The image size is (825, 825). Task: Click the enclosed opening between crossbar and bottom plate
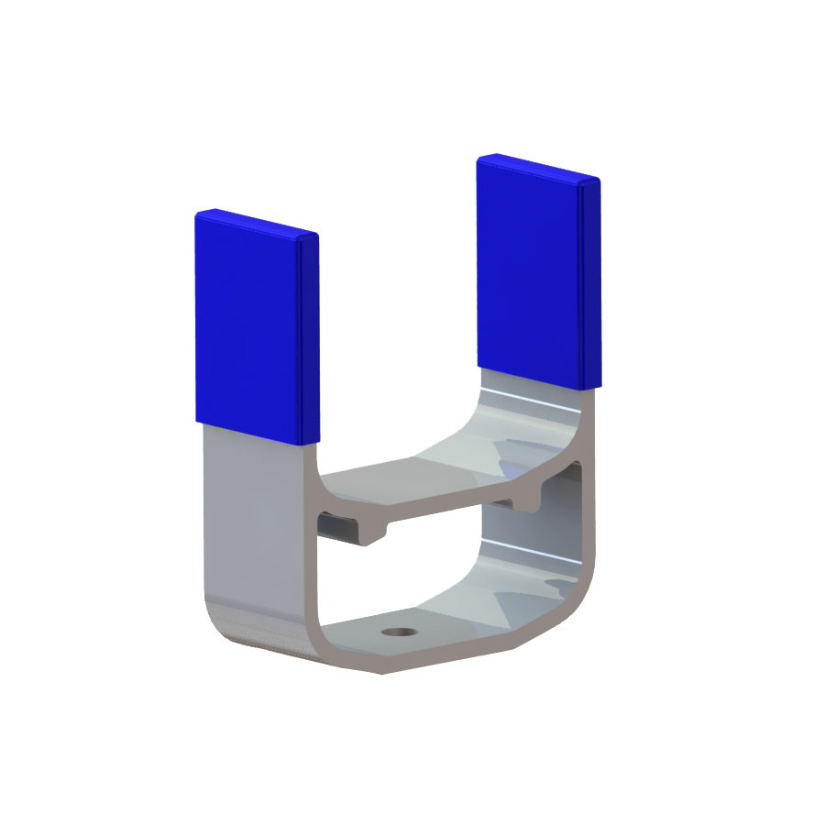[431, 568]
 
